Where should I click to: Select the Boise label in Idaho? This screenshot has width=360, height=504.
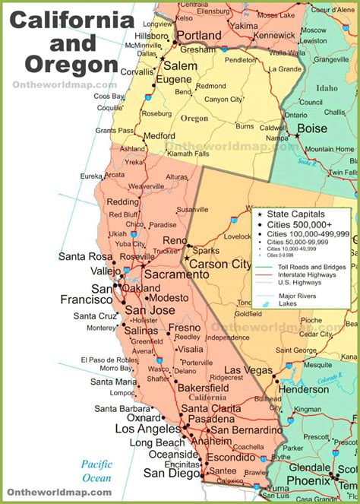311,128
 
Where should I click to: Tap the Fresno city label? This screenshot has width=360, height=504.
185,328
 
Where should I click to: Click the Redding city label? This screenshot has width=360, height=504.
122,202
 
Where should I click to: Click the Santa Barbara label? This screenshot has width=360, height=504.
143,408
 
